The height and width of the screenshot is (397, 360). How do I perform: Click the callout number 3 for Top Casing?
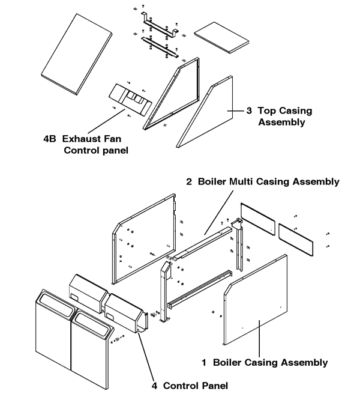tap(248, 111)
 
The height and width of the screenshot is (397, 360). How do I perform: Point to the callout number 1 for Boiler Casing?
tap(205, 362)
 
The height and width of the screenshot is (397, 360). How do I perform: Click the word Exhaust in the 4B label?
tap(80, 139)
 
